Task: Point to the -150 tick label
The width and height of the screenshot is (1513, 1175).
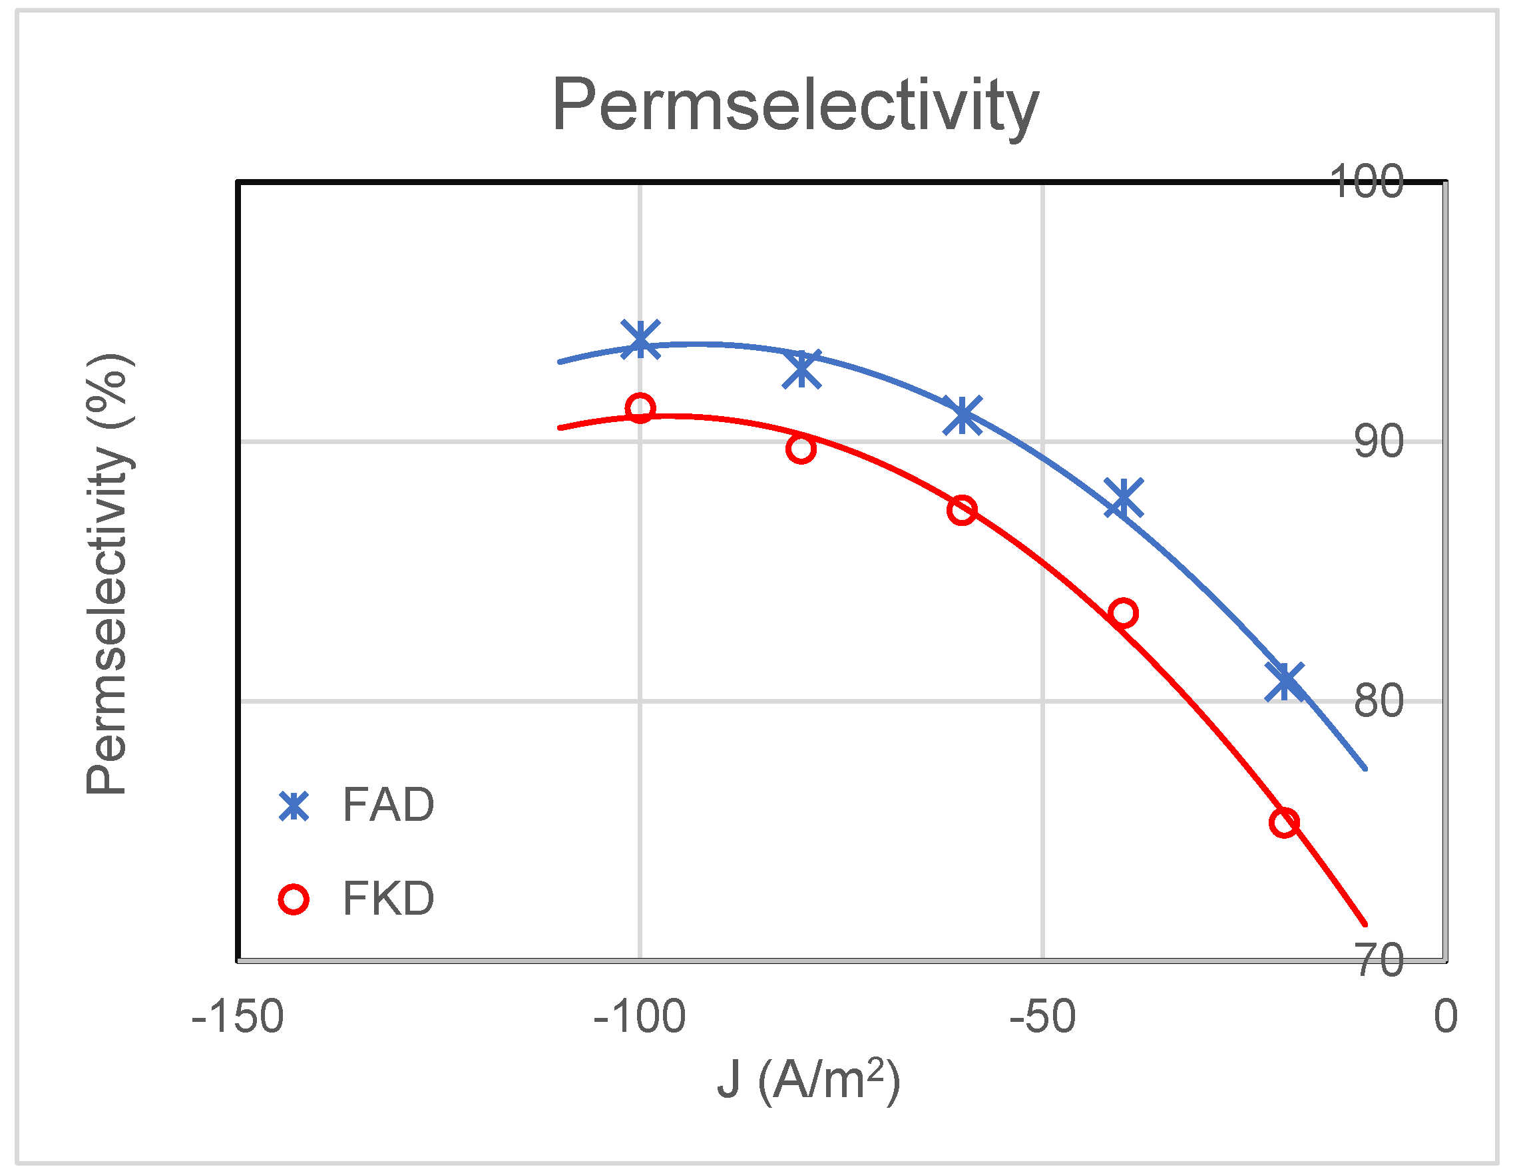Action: tap(237, 1017)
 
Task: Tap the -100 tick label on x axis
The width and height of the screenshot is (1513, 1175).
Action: tap(640, 1017)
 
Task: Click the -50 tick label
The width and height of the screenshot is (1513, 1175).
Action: tap(1042, 1017)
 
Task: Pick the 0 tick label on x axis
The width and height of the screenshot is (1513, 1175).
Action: tap(1445, 1017)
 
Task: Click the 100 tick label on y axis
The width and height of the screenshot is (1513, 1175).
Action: tap(1366, 182)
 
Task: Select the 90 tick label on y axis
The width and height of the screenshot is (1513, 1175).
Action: tap(1379, 442)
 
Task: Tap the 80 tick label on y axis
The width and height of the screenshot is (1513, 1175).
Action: tap(1379, 701)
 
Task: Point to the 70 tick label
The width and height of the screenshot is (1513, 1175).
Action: tap(1379, 960)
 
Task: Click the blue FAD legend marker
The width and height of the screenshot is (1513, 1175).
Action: tap(294, 806)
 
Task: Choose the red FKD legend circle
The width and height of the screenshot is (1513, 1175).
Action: tap(294, 899)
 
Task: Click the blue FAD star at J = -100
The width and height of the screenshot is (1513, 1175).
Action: tap(640, 340)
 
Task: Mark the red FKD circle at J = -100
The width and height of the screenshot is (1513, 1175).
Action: tap(640, 408)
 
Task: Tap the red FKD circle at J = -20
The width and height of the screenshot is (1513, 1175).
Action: tap(1285, 823)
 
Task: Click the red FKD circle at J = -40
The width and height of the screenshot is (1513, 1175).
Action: tap(1123, 613)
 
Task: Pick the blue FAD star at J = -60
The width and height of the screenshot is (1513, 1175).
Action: tap(963, 415)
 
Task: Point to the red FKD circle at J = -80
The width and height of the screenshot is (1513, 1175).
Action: tap(801, 449)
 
